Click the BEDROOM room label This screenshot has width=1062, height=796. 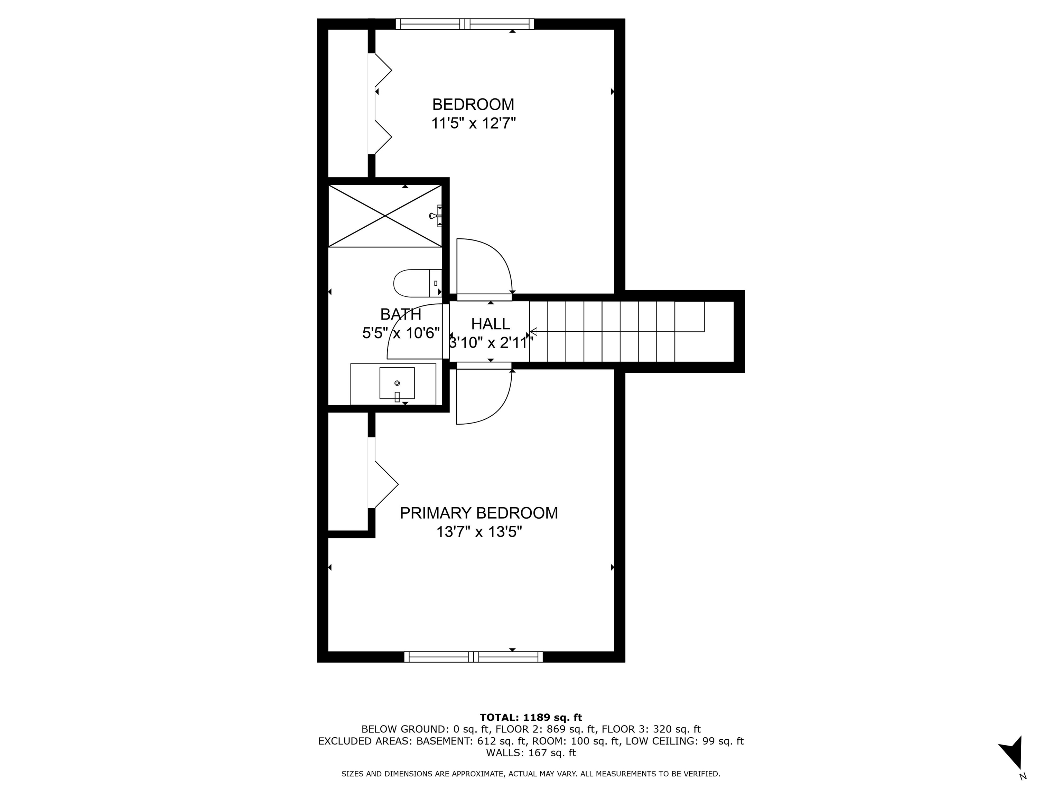(x=473, y=104)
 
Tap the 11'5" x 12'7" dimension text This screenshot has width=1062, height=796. (x=473, y=124)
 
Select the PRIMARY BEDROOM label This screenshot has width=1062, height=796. (x=479, y=513)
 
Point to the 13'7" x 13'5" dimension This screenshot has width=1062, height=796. (x=479, y=532)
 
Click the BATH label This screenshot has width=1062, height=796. (x=400, y=314)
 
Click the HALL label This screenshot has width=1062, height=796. (x=490, y=324)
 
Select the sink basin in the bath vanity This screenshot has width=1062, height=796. (x=397, y=383)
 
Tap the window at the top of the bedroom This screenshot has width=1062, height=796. (x=464, y=24)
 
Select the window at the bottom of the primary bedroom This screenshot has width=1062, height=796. (x=473, y=657)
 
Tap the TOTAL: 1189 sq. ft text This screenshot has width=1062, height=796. (x=531, y=717)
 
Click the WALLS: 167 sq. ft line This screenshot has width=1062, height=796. (x=531, y=753)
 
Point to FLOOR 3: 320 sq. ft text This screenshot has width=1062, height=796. (x=651, y=729)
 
